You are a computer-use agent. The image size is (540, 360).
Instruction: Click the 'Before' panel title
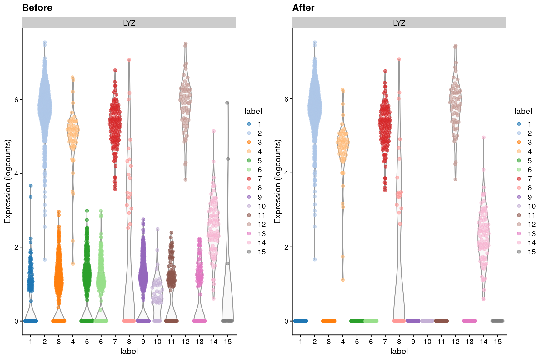coord(37,8)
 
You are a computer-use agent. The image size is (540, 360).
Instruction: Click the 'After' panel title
coord(303,8)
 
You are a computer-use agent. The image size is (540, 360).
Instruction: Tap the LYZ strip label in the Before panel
coord(129,23)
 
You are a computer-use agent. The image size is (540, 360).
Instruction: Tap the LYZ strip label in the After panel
coord(399,23)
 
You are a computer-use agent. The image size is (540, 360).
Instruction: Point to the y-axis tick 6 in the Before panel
coord(16,99)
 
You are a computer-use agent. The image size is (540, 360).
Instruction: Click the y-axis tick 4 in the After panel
coord(286,173)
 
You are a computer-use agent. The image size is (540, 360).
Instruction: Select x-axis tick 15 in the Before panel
coord(228,342)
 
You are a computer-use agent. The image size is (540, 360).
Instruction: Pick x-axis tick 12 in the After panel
coord(456,342)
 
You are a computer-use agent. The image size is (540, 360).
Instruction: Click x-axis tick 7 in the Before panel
coord(115,342)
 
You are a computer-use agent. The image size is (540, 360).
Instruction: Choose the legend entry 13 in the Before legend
coord(262,234)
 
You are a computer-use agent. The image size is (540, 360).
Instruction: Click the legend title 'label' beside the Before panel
coord(253,111)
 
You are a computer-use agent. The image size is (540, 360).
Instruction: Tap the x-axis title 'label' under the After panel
coord(399,351)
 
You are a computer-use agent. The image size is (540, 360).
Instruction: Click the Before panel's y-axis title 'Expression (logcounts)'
coord(7,181)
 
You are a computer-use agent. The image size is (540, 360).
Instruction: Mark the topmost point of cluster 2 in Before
coord(45,42)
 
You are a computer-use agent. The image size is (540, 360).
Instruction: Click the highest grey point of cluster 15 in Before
coord(227,103)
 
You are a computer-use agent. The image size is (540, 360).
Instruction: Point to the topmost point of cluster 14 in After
coord(484,137)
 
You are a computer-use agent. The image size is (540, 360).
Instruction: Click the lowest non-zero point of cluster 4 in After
coord(343,280)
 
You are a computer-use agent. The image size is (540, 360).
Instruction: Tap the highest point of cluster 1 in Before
coord(31,186)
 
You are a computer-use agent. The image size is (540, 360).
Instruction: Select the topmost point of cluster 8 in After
coord(399,59)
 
